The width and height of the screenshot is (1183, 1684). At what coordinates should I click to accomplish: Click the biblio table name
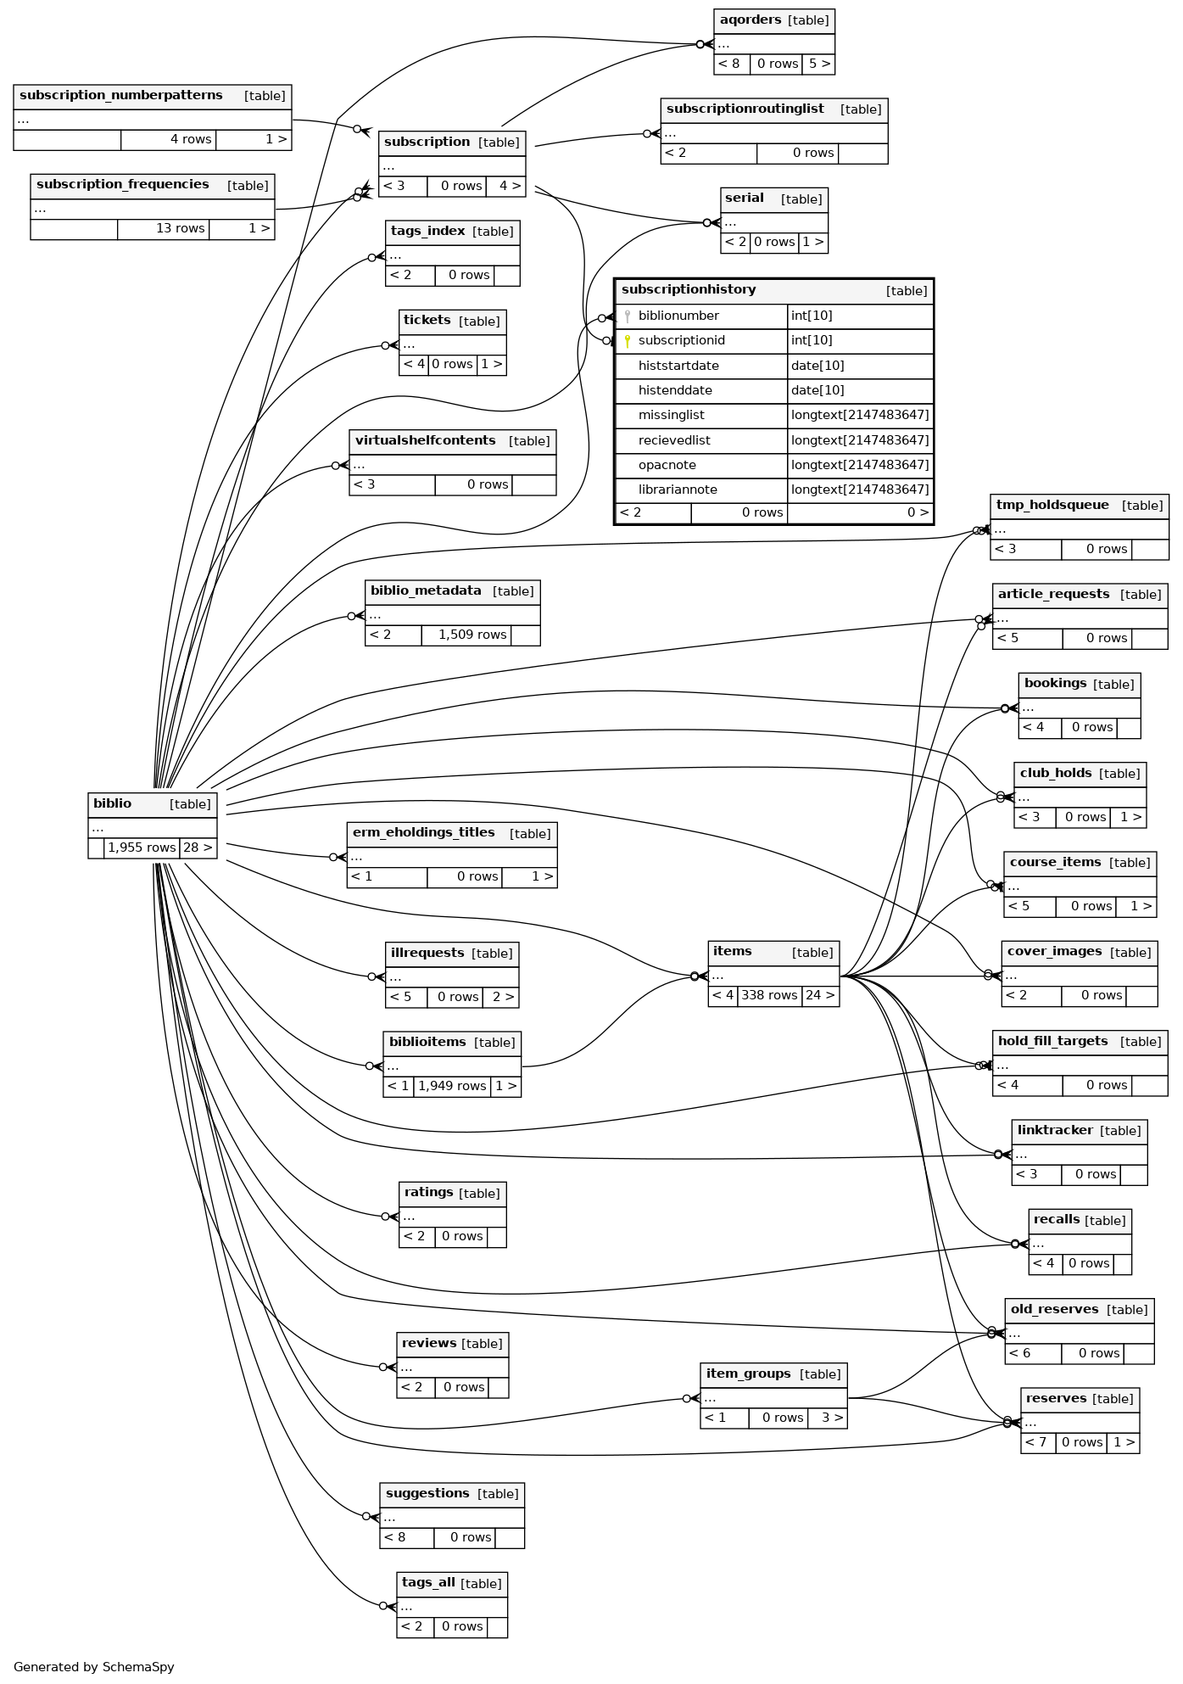tap(113, 803)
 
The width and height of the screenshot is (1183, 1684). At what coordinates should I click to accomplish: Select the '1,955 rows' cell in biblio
tap(142, 848)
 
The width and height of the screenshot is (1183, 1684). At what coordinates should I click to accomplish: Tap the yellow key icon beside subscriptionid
tap(628, 341)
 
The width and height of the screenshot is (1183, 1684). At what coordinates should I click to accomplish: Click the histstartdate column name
tap(678, 366)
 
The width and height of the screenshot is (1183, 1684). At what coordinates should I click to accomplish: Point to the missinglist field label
tap(671, 415)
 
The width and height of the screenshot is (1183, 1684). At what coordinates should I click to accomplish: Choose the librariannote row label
tap(678, 490)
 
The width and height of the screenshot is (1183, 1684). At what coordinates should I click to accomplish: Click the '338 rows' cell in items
tap(769, 995)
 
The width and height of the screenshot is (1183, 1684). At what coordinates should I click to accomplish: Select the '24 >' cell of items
tap(819, 995)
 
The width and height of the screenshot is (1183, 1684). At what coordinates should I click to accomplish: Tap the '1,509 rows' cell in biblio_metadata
tap(472, 635)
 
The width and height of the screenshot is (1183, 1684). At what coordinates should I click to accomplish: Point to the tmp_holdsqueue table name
tap(1052, 505)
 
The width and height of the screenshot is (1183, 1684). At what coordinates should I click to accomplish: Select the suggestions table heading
tap(427, 1493)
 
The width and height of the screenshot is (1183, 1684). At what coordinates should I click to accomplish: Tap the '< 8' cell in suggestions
tap(395, 1537)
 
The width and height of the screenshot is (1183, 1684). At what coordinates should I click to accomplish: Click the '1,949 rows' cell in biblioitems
tap(452, 1086)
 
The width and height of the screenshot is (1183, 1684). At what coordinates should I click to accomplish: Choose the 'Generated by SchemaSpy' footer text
tap(94, 1666)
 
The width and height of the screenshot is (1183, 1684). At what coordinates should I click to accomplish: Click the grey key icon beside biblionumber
tap(628, 316)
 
